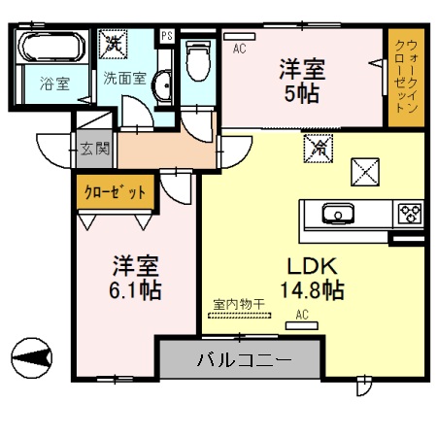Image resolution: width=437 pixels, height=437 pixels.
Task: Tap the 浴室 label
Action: [x=54, y=84]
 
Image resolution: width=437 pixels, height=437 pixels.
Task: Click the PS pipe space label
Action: [x=167, y=37]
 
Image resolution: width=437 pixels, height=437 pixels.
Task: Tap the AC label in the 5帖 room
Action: [x=239, y=45]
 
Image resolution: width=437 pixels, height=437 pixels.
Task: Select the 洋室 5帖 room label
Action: [x=303, y=82]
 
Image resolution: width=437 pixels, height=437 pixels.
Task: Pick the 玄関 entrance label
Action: [x=94, y=150]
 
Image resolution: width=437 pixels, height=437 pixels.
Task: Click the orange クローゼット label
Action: [x=115, y=191]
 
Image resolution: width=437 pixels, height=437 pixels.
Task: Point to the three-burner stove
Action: [x=409, y=212]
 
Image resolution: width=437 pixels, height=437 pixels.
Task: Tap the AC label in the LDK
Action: [x=300, y=315]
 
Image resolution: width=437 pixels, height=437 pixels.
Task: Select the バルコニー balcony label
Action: [x=243, y=360]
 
